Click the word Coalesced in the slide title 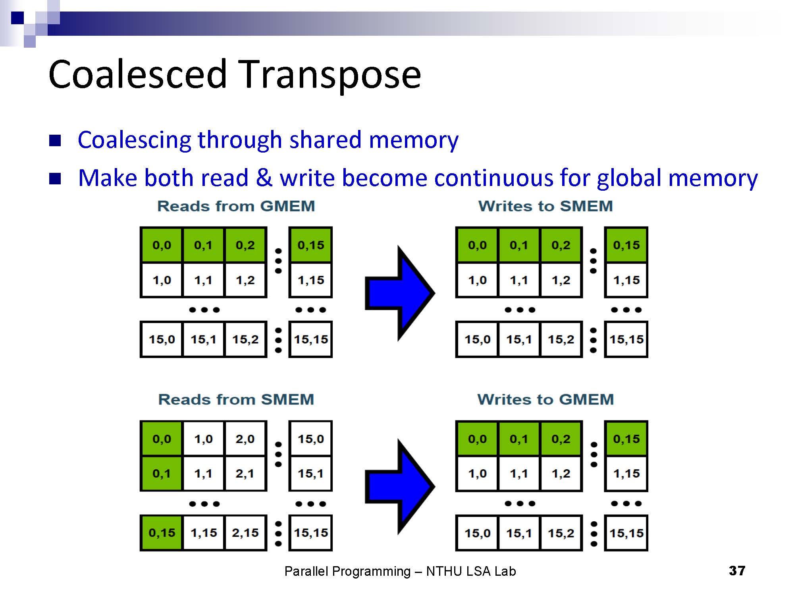click(137, 74)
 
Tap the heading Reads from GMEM click(236, 206)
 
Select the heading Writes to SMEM click(545, 206)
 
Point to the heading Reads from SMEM click(236, 399)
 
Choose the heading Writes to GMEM click(545, 399)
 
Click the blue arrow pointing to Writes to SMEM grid click(399, 293)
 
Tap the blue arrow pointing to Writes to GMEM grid click(399, 486)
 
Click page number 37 click(737, 571)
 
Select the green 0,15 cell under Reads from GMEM click(310, 245)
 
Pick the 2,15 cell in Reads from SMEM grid click(245, 533)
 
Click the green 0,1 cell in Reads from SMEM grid click(162, 474)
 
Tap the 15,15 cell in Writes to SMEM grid click(626, 339)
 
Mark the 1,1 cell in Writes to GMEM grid click(519, 474)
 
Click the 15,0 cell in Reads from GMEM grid click(162, 339)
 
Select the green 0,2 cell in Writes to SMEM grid click(561, 245)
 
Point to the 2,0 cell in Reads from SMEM click(245, 439)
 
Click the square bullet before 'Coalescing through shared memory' click(55, 140)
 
